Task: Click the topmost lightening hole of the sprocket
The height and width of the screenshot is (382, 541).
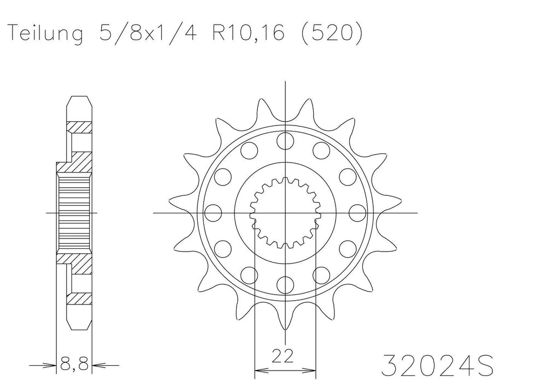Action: [285, 140]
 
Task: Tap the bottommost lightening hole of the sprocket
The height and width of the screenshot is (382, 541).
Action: [285, 284]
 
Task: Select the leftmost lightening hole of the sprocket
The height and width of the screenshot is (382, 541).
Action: [213, 212]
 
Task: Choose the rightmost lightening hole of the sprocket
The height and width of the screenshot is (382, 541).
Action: [357, 212]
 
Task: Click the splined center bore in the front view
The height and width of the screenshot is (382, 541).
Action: [285, 212]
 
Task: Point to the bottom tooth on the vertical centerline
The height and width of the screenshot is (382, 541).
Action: [285, 322]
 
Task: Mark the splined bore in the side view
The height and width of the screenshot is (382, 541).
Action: [74, 212]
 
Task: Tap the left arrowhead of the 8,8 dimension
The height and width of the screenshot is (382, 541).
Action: [52, 364]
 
